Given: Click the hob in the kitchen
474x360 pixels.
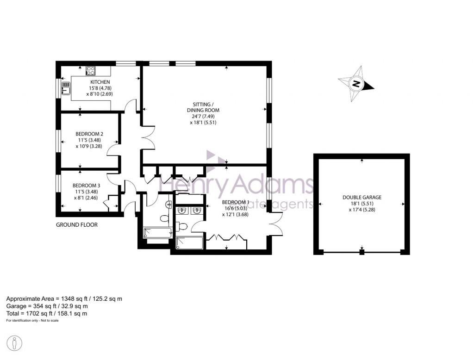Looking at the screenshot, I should click(x=91, y=71).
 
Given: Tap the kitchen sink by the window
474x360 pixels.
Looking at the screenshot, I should click(x=66, y=87).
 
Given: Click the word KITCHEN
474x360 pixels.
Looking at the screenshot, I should click(x=100, y=82).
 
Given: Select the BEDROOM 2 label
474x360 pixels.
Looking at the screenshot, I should click(x=88, y=134).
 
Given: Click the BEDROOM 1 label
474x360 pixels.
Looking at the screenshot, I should click(x=236, y=202).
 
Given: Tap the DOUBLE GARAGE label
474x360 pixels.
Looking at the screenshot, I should click(x=362, y=197).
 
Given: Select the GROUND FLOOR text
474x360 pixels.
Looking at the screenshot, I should click(x=76, y=225).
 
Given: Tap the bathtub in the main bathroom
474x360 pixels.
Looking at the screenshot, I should click(x=157, y=233).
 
